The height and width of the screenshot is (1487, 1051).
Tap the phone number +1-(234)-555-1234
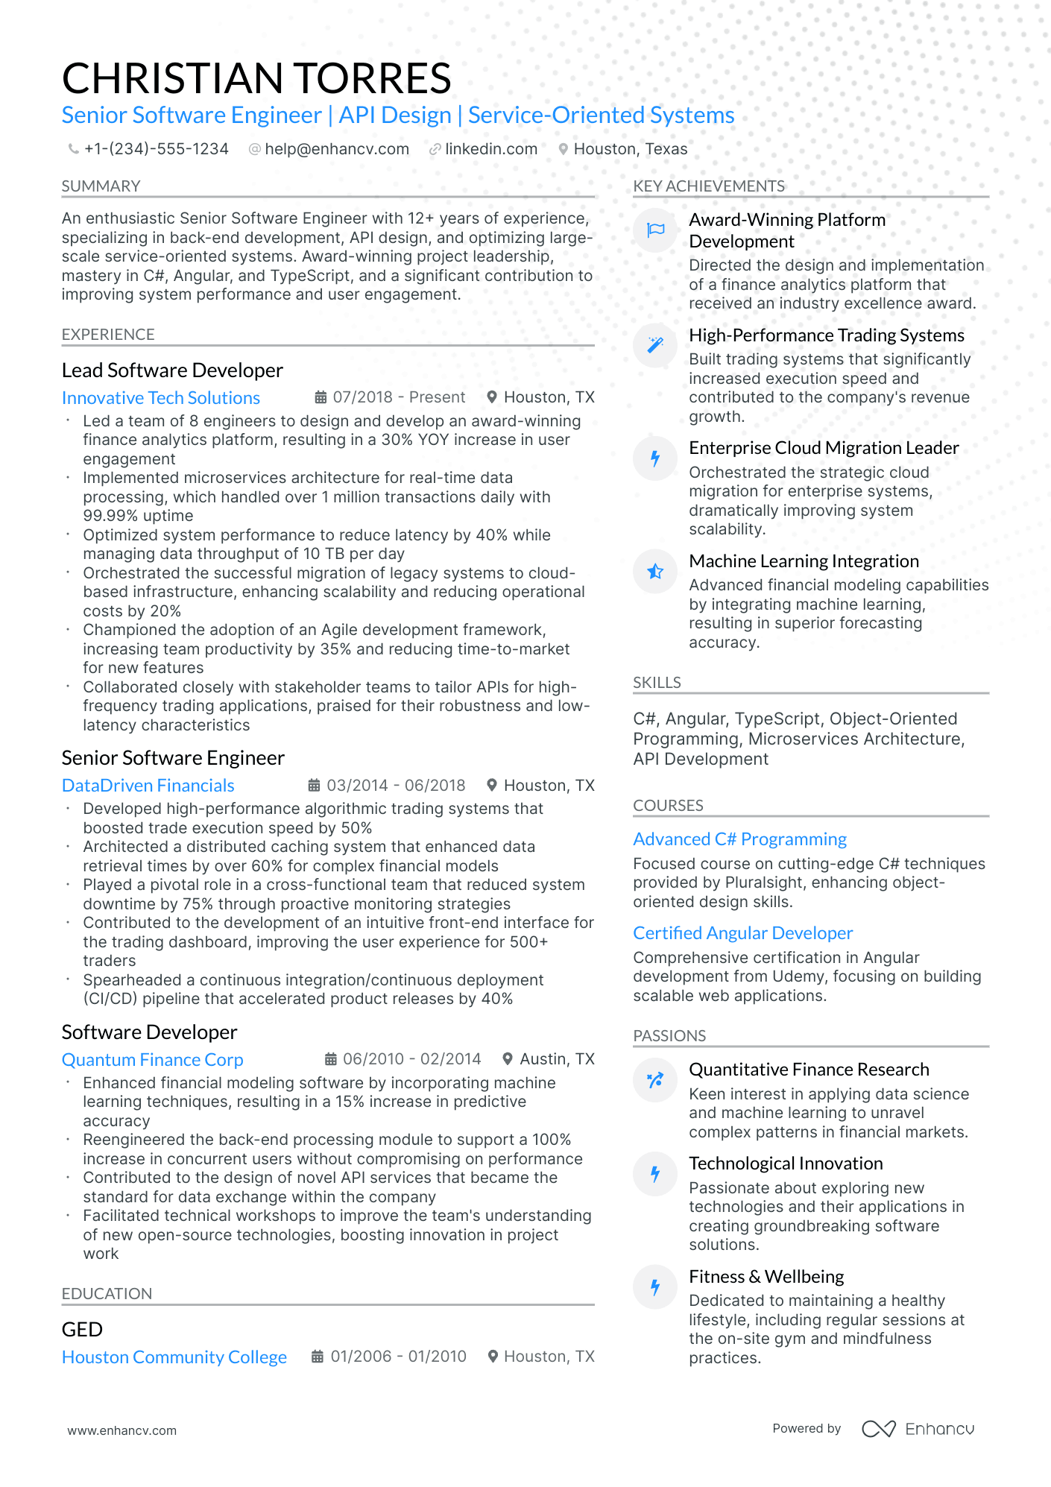[x=156, y=149]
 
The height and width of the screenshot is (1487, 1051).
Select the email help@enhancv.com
[x=336, y=149]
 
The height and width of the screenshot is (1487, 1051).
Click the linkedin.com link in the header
[x=490, y=149]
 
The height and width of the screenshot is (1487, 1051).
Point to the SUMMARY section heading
[x=101, y=186]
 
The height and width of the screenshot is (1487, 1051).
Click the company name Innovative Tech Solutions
[x=161, y=398]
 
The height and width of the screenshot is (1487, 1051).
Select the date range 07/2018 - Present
[x=398, y=397]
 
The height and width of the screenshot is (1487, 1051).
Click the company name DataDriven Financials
[x=148, y=786]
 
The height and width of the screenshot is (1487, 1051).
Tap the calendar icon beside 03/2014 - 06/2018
[x=315, y=786]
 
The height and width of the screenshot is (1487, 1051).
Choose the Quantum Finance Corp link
[x=152, y=1060]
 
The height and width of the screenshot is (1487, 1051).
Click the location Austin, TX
[x=556, y=1059]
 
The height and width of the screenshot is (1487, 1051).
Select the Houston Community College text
[x=174, y=1357]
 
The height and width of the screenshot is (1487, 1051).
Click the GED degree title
[x=82, y=1330]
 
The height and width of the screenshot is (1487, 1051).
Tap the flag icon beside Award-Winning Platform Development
[x=655, y=230]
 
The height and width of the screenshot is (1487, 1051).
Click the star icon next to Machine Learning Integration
[x=655, y=572]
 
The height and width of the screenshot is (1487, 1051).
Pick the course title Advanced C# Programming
[x=739, y=839]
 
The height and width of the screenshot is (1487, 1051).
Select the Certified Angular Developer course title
[x=742, y=933]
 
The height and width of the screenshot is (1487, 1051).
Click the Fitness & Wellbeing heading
[x=766, y=1277]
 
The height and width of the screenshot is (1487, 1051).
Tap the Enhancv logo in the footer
[x=918, y=1429]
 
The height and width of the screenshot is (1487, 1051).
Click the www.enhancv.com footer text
[x=121, y=1431]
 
